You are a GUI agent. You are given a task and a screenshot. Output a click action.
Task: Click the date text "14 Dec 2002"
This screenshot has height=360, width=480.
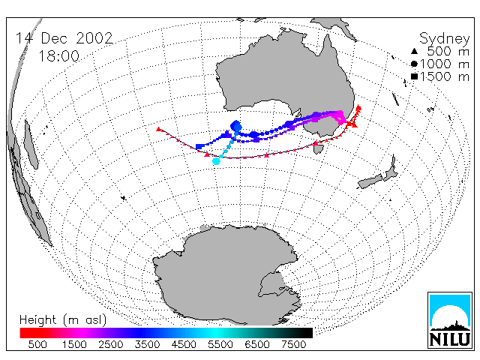click(64, 38)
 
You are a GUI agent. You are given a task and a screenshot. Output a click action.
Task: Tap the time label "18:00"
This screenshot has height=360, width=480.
click(58, 56)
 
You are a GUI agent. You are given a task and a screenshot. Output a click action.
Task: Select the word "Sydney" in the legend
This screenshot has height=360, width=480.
click(445, 39)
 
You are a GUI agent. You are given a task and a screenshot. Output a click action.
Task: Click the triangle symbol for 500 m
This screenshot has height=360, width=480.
click(414, 51)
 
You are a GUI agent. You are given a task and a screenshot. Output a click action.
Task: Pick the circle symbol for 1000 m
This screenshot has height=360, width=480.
click(414, 64)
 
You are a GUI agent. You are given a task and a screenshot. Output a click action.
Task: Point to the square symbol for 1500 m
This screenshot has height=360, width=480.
click(414, 76)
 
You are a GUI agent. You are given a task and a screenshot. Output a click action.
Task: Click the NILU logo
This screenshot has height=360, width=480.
click(450, 320)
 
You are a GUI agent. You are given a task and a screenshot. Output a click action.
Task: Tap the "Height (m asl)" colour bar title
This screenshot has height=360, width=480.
click(63, 320)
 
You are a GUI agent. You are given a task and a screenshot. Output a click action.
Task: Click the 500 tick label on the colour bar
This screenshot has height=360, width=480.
click(37, 344)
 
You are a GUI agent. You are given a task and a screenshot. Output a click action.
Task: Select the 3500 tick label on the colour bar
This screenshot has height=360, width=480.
click(147, 344)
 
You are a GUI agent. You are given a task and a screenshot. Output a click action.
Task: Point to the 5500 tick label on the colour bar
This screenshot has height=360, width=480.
click(220, 344)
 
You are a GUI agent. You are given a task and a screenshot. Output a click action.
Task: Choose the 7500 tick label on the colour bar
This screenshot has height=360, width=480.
click(293, 344)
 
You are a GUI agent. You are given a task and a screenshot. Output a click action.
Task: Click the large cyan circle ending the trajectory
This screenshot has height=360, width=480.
click(216, 161)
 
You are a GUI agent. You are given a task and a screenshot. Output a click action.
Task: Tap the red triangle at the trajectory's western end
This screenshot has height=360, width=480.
click(158, 129)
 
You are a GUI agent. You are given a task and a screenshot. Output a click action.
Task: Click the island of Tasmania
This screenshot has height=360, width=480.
click(319, 149)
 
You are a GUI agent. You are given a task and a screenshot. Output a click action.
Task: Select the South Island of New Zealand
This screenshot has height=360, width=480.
click(370, 181)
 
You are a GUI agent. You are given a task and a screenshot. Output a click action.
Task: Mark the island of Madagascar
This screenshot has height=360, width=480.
click(31, 144)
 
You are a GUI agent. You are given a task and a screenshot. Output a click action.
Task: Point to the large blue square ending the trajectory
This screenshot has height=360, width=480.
click(199, 147)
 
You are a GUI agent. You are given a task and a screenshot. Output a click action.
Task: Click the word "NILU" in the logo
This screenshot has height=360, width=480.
click(450, 339)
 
